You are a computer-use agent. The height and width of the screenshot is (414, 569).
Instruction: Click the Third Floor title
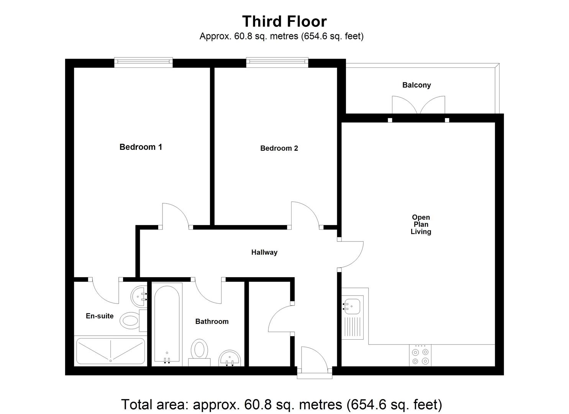click(x=284, y=21)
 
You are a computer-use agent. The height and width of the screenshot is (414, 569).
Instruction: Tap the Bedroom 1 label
click(x=141, y=147)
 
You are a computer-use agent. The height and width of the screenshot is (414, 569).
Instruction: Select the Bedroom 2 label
click(x=279, y=148)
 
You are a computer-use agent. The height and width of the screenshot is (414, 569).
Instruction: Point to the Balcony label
click(x=417, y=85)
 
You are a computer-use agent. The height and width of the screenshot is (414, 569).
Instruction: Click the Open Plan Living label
click(x=421, y=224)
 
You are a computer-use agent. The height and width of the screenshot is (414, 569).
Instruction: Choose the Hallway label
click(x=264, y=252)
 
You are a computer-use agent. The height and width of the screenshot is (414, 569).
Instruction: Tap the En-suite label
click(x=100, y=316)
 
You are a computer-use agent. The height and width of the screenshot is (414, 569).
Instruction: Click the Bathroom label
click(x=212, y=322)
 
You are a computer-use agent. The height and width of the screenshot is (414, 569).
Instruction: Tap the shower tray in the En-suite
click(x=110, y=351)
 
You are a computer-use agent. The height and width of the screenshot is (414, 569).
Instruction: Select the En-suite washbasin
click(x=139, y=296)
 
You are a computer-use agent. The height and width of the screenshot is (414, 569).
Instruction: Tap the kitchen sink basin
click(x=352, y=306)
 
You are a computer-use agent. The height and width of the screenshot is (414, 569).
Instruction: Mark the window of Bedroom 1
click(x=143, y=62)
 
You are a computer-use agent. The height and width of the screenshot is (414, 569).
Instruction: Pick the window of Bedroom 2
click(x=277, y=62)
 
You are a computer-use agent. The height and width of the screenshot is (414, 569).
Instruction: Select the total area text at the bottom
click(x=282, y=404)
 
